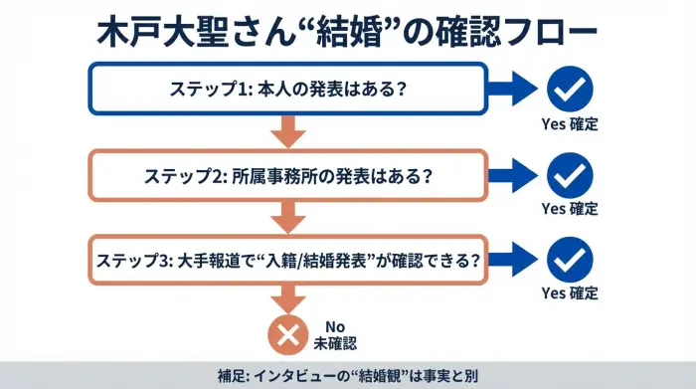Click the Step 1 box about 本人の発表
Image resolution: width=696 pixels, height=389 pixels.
[x=288, y=88]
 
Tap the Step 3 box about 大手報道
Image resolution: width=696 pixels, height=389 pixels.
[x=288, y=261]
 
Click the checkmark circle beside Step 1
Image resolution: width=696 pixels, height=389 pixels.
[x=570, y=88]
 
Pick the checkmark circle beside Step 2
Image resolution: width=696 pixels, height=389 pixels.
[x=570, y=175]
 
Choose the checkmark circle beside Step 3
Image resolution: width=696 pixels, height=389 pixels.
[x=570, y=261]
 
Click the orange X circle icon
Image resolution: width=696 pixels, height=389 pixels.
[x=288, y=333]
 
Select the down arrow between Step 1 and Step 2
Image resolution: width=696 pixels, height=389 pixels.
[x=288, y=130]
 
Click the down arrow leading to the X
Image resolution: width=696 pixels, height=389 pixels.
[x=288, y=298]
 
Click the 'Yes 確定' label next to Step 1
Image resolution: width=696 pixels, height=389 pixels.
[x=570, y=125]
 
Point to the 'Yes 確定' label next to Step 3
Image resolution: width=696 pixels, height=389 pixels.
[x=570, y=293]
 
